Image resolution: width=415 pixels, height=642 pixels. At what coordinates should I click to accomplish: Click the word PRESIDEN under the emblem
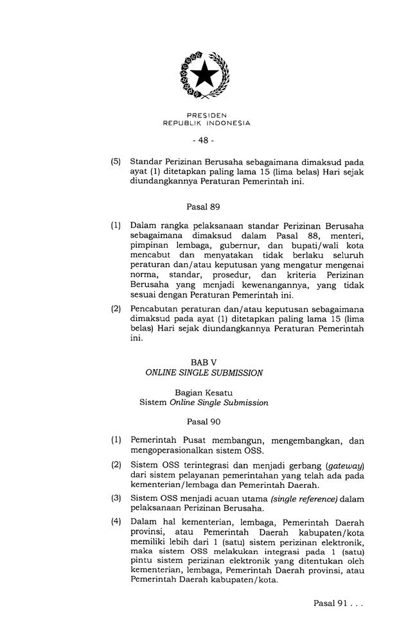tap(206, 115)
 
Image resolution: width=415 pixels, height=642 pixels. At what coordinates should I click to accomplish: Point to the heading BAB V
tap(204, 363)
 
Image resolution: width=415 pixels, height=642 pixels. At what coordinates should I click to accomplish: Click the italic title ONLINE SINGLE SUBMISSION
tap(204, 373)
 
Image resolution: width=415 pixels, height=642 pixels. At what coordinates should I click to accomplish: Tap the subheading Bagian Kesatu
tap(204, 393)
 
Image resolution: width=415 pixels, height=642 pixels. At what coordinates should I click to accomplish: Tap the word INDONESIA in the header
tap(227, 122)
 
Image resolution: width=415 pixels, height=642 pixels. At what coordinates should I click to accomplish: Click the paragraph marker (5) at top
tap(116, 161)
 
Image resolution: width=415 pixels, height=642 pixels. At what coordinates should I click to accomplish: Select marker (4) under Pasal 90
tap(116, 521)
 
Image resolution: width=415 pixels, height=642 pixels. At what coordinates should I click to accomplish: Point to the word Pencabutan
tap(155, 308)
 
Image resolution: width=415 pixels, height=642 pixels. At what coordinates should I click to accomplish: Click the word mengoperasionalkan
tap(176, 450)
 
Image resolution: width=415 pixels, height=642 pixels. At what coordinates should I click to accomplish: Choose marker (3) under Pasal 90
tap(116, 498)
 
